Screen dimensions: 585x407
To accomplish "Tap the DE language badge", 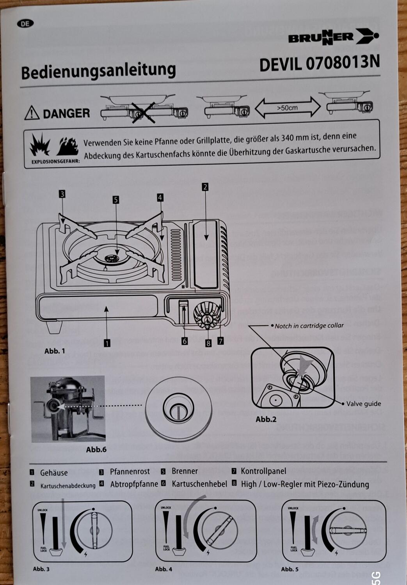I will [25, 23].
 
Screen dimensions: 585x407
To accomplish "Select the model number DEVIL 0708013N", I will [319, 64].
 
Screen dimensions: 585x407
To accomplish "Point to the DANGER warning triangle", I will [32, 113].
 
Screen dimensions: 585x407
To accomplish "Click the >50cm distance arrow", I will [288, 108].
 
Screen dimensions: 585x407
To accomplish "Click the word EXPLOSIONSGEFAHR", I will [55, 160].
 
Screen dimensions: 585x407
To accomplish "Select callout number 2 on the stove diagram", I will [205, 187].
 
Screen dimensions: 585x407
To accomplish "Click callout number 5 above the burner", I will [116, 200].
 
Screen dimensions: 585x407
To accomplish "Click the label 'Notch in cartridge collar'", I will [309, 326].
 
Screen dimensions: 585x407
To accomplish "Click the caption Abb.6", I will [96, 449].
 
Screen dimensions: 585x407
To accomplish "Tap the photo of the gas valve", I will [68, 408].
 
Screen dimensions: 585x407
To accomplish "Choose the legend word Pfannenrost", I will [130, 472].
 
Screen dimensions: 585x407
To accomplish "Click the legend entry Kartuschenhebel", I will [199, 484].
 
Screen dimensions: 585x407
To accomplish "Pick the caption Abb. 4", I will [163, 569].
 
